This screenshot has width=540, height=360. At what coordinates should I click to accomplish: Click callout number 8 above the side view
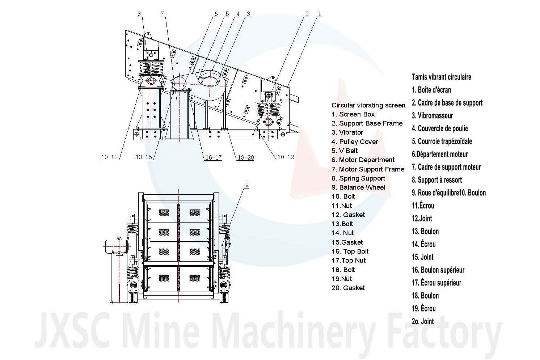pyautogui.click(x=139, y=14)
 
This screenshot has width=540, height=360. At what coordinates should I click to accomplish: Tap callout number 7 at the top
pyautogui.click(x=162, y=14)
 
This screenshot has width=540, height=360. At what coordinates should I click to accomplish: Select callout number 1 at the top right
pyautogui.click(x=320, y=14)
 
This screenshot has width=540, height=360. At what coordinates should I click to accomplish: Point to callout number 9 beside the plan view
pyautogui.click(x=247, y=185)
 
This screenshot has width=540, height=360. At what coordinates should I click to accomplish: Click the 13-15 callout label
pyautogui.click(x=144, y=157)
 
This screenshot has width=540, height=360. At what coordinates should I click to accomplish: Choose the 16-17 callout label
pyautogui.click(x=213, y=157)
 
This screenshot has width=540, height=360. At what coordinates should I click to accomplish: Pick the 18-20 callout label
pyautogui.click(x=246, y=157)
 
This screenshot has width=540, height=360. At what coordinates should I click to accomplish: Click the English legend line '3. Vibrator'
pyautogui.click(x=347, y=132)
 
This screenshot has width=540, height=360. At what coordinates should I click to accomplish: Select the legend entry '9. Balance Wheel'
pyautogui.click(x=358, y=187)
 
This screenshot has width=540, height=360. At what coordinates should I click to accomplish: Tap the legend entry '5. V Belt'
pyautogui.click(x=345, y=151)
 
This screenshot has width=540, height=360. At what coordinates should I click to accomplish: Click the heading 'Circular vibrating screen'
pyautogui.click(x=368, y=105)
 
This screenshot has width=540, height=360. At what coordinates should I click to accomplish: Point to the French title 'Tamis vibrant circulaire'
pyautogui.click(x=442, y=77)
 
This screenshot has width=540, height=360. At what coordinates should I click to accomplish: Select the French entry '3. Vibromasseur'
pyautogui.click(x=433, y=115)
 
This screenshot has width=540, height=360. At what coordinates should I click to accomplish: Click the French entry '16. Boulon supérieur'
pyautogui.click(x=438, y=270)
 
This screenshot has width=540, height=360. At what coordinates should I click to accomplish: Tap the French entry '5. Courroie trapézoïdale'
pyautogui.click(x=442, y=141)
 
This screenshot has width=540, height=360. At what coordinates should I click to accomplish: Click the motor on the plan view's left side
pyautogui.click(x=116, y=246)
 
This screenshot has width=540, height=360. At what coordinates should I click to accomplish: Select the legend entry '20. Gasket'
pyautogui.click(x=348, y=288)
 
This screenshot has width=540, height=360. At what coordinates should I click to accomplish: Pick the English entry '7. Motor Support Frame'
pyautogui.click(x=368, y=169)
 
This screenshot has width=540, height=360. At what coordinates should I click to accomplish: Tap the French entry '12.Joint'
pyautogui.click(x=422, y=218)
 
